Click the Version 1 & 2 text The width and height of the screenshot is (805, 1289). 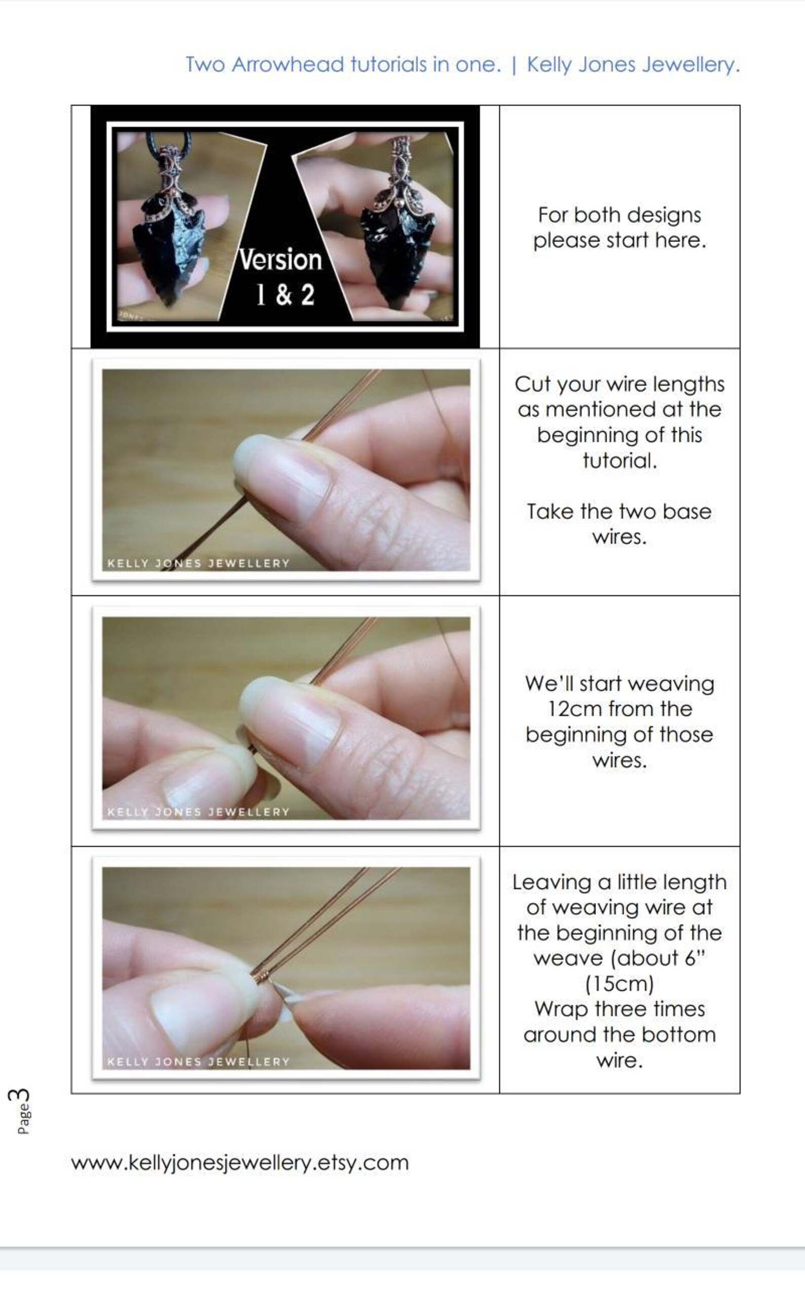point(280,277)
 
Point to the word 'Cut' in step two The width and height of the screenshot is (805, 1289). point(532,385)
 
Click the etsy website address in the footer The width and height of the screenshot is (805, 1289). point(240,1162)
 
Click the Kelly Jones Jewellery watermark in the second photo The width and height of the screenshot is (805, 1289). point(198,564)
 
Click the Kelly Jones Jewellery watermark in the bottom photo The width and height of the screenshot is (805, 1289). point(198,1062)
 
